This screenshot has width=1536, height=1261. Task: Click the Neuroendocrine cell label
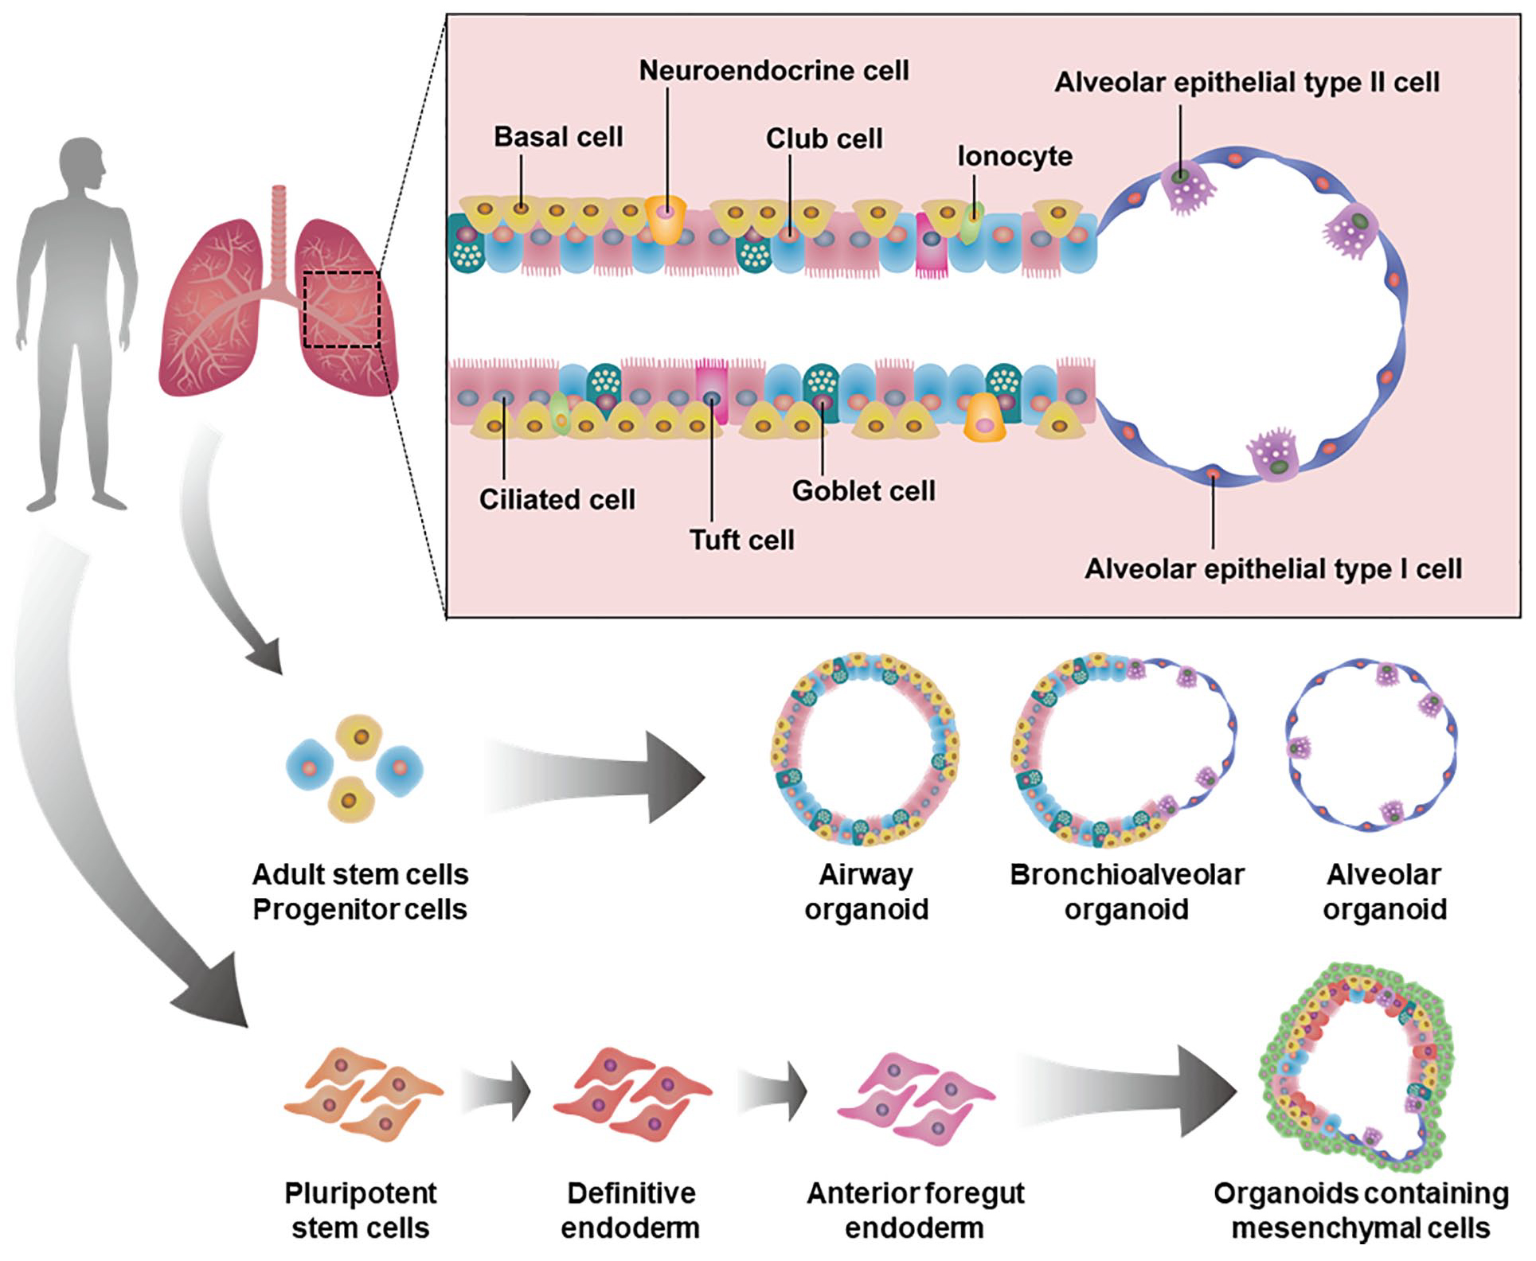(773, 71)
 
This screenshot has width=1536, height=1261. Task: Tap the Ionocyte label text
(1014, 156)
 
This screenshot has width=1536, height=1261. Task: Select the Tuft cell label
(741, 541)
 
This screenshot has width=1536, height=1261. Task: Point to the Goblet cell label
(863, 491)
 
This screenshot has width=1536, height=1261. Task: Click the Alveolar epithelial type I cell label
(1272, 569)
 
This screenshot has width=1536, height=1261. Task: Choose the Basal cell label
(558, 137)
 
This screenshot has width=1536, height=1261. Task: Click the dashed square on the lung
(342, 310)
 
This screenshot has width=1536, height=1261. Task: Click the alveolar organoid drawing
(1371, 744)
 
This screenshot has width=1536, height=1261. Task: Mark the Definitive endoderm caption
(630, 1210)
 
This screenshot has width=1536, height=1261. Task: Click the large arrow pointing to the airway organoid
(597, 777)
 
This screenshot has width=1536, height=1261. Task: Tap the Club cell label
(823, 139)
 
